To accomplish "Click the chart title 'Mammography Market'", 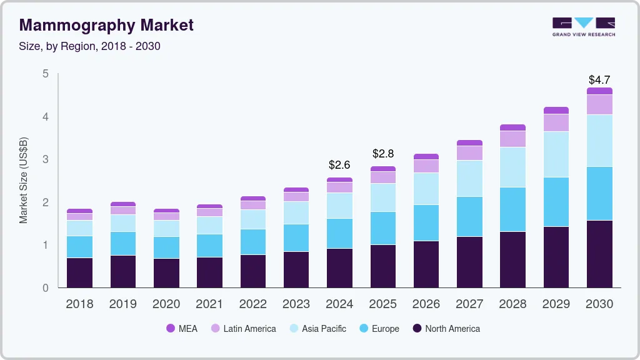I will point(106,25).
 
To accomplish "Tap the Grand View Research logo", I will point(583,26).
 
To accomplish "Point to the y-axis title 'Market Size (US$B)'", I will point(24,180).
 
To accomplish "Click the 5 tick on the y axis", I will point(45,74).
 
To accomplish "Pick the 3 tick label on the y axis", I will point(45,159).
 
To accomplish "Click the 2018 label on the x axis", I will point(79,304).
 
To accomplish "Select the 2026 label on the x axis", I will point(426,304).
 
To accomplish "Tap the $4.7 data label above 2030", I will point(599,80).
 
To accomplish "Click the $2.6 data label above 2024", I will point(339,166).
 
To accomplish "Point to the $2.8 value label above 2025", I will point(382,154).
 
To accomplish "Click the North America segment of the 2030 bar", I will point(599,254).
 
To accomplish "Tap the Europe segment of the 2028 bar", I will point(512,209).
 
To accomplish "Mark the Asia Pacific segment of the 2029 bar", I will point(556,154).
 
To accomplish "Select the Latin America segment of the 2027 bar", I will point(469,153).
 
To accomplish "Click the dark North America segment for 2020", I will point(166,273).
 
